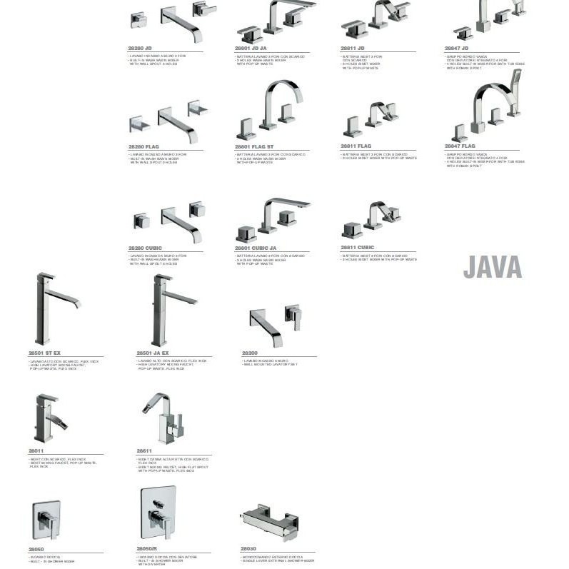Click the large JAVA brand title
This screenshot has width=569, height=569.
point(493,267)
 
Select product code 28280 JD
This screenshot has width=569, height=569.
point(140,48)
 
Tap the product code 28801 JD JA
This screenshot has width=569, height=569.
point(251,49)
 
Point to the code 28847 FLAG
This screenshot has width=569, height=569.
point(460,146)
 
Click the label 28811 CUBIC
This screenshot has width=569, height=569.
point(358,247)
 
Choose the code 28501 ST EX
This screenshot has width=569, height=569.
point(44,353)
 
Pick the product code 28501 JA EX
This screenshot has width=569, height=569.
point(153,353)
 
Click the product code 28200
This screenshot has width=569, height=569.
point(249,353)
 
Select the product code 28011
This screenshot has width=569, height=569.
point(36,451)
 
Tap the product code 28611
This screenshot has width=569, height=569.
point(144,451)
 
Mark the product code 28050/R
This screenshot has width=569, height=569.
point(146,549)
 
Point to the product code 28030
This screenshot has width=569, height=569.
point(248,549)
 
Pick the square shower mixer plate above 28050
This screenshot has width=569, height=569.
point(46,519)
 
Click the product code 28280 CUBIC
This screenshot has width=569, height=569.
point(145,248)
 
